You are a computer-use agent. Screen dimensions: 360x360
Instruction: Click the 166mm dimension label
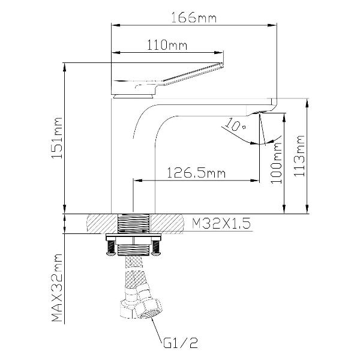194,18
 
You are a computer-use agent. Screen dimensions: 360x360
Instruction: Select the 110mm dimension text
167,45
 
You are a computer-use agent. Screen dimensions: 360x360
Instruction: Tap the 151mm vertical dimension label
57,138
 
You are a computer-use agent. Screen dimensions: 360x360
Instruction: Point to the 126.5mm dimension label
196,173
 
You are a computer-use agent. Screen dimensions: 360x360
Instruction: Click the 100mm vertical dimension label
276,163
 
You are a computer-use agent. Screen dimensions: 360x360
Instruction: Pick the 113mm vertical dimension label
299,156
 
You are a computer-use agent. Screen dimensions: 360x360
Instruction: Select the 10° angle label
235,125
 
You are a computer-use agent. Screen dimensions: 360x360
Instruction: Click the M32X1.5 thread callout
221,223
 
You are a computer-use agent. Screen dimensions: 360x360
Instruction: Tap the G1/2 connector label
181,343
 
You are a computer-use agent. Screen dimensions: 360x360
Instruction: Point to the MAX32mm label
57,287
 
